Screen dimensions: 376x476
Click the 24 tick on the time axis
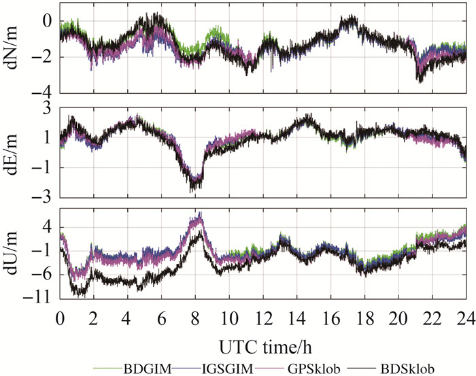465,318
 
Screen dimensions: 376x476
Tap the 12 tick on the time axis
262,318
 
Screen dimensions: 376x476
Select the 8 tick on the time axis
195,318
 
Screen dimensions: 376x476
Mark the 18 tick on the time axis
364,318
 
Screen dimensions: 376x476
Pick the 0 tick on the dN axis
50,21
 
